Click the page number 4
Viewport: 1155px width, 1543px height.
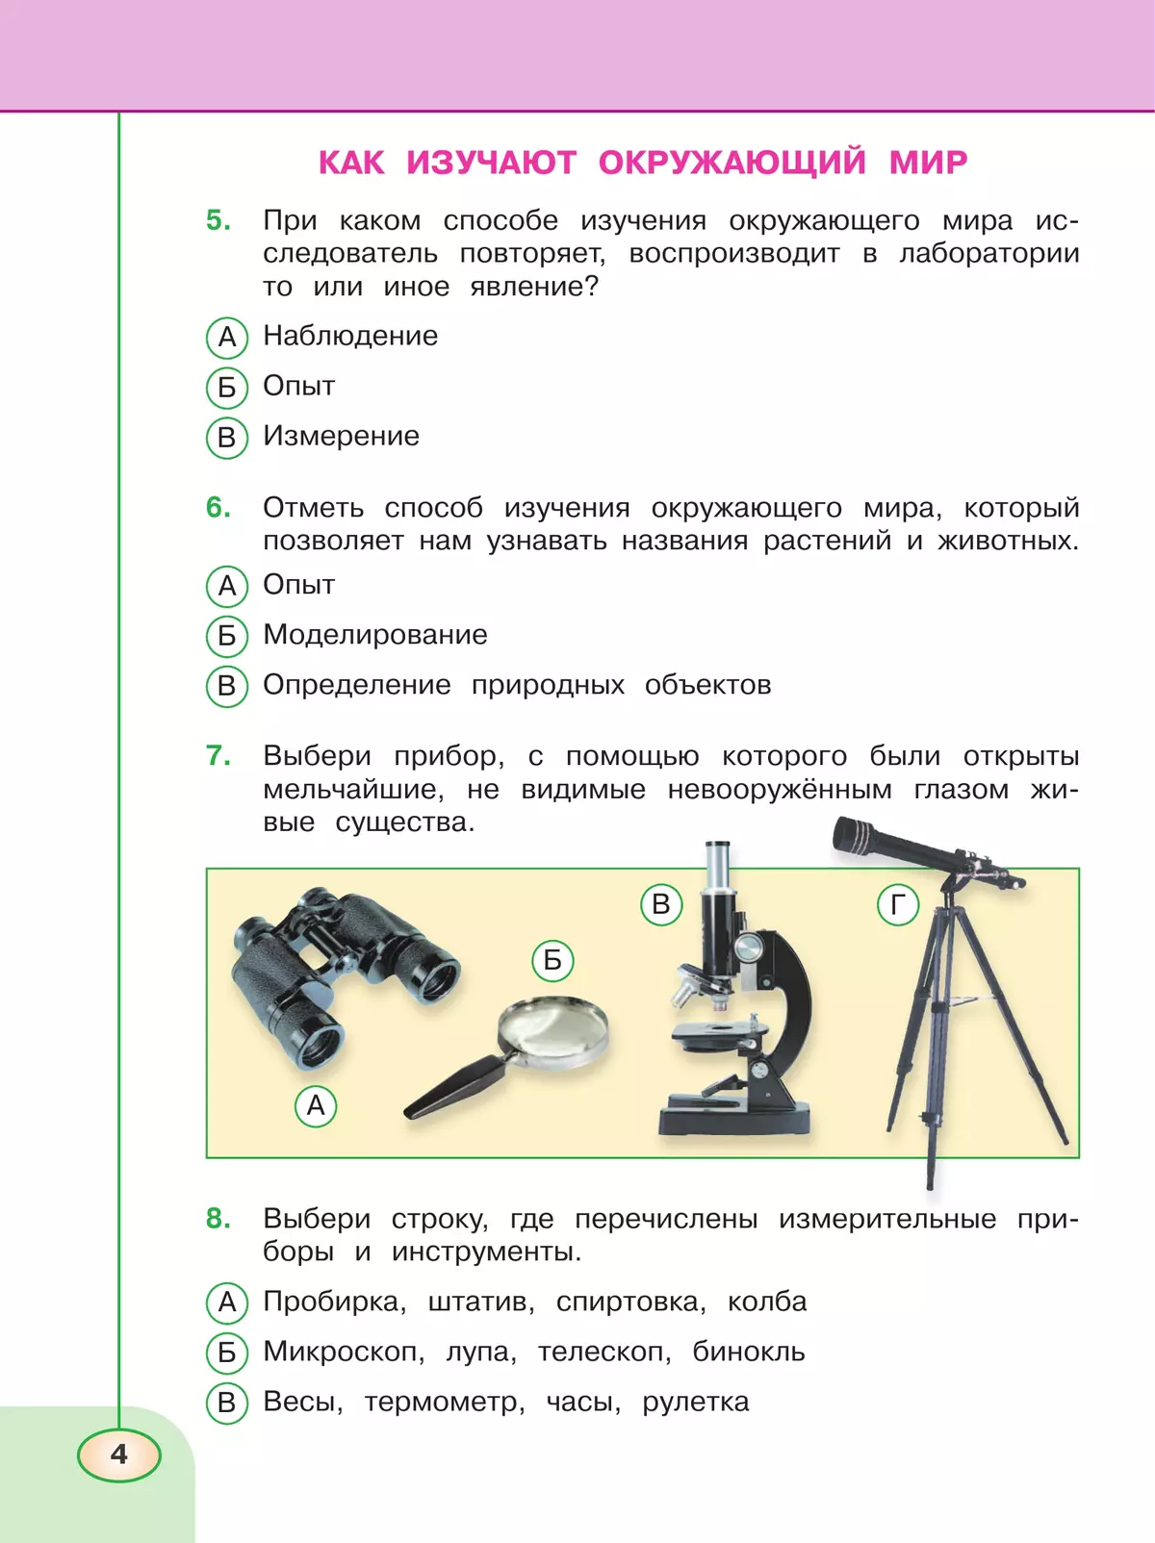[118, 1454]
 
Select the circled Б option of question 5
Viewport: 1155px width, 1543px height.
[226, 388]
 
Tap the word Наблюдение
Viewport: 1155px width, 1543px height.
[350, 336]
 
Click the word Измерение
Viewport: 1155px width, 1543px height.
[341, 436]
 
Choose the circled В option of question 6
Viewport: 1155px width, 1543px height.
[226, 686]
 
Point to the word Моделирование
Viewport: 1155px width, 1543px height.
[374, 635]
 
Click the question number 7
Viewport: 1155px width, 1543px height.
[218, 756]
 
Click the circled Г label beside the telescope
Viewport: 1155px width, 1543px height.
[897, 905]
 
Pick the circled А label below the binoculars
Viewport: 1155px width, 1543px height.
[316, 1106]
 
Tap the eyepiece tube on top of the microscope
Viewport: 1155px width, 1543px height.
[717, 866]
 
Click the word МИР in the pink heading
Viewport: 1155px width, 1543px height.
[928, 163]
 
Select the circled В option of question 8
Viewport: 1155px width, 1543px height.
[226, 1403]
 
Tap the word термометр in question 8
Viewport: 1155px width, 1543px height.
[444, 1402]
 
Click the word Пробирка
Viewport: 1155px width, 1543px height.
[333, 1302]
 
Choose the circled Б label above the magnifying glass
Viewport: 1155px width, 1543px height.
[552, 960]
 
